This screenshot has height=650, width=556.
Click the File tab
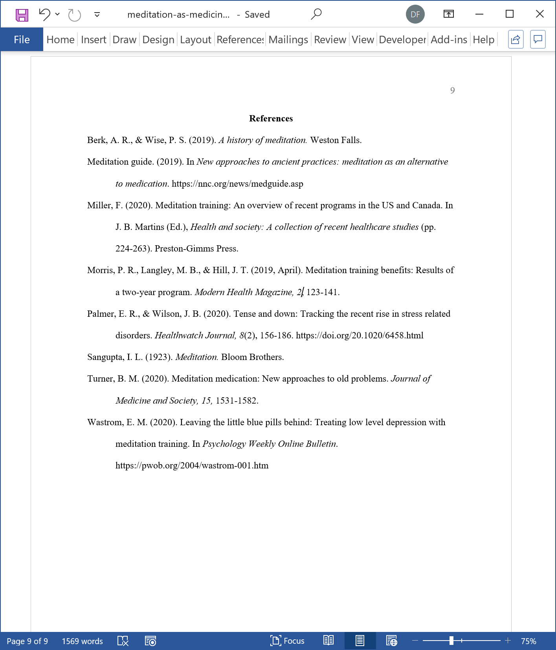coord(22,40)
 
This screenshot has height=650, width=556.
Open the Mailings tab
coord(288,40)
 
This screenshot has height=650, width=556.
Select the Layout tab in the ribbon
coord(195,40)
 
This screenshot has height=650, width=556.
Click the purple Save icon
coord(22,15)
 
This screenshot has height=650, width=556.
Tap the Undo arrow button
coord(44,15)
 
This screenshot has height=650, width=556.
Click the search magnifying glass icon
coord(316,15)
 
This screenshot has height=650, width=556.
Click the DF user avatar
coord(415,15)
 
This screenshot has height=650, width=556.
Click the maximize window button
coord(510,15)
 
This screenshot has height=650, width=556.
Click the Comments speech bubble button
coord(538,39)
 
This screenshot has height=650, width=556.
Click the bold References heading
coord(271,119)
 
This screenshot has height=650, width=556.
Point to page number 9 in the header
coord(452,91)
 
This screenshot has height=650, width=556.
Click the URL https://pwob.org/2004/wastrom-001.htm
coord(192,466)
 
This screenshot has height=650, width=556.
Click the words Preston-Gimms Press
coord(196,249)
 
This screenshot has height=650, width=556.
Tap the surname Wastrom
coord(104,422)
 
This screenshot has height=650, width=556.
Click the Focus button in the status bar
coord(288,641)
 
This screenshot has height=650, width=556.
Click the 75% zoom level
coord(528,641)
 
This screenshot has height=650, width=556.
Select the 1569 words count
coord(82,641)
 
